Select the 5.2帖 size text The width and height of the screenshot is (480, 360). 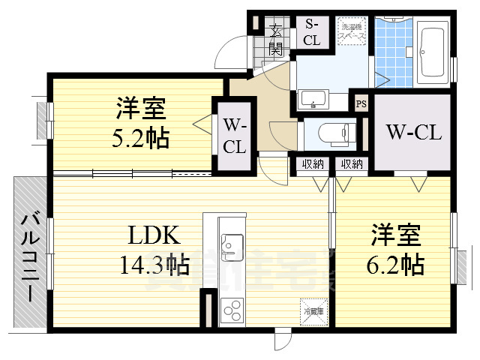(141, 138)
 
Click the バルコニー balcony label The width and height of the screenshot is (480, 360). (31, 256)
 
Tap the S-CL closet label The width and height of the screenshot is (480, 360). (312, 32)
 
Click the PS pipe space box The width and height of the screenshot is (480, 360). (361, 104)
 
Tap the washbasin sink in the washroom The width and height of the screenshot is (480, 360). (312, 99)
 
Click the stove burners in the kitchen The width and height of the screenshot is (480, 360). (232, 308)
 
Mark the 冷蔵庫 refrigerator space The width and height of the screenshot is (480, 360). (313, 311)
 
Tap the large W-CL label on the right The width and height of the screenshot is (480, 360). (414, 133)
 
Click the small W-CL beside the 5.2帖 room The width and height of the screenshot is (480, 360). (234, 136)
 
